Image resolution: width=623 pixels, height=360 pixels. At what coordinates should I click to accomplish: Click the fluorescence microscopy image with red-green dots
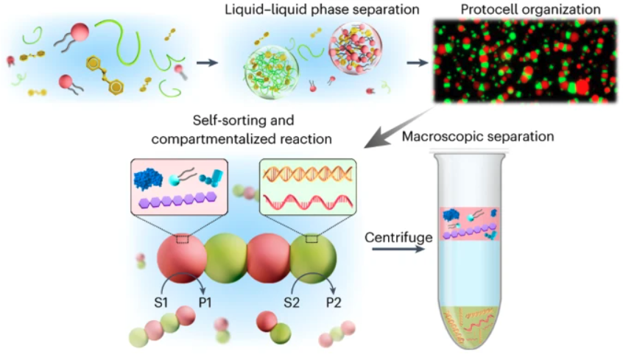(525, 60)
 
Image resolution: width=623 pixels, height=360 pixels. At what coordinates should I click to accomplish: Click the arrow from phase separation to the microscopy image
(418, 63)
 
